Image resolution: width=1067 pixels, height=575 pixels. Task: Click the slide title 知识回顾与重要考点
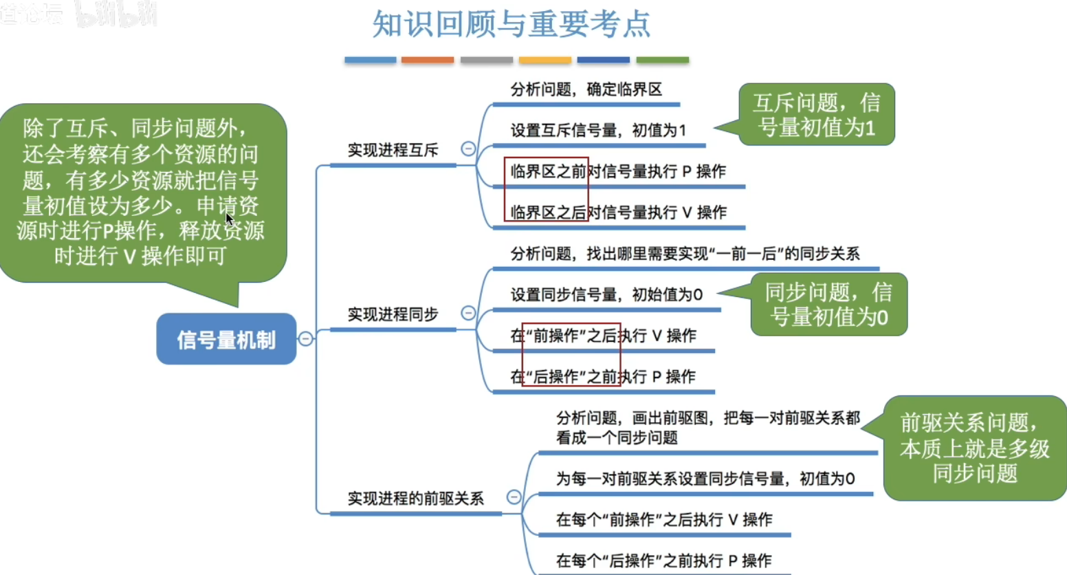(511, 24)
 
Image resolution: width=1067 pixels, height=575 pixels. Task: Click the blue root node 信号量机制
(226, 339)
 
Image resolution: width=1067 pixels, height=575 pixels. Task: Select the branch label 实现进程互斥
(393, 150)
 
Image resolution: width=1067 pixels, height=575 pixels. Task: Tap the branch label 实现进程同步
(393, 314)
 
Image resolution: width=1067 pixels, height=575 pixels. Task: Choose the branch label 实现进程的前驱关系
(415, 498)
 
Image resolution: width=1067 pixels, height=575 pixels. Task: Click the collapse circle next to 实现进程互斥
(468, 149)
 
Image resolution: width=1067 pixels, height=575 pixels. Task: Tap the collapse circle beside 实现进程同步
(468, 313)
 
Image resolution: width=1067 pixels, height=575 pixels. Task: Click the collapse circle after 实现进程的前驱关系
(514, 497)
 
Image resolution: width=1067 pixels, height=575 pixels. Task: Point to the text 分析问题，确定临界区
(586, 89)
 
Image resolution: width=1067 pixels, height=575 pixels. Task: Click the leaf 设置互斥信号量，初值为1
(598, 130)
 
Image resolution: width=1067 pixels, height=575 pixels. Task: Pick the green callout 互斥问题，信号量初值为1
(816, 115)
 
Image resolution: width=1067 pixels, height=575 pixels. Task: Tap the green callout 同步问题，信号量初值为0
(828, 305)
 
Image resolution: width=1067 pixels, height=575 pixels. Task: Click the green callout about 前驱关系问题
(974, 448)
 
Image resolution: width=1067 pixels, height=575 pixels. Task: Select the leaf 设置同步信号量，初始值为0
(606, 295)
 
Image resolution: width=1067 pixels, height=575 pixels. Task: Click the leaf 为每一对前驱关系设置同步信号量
(705, 479)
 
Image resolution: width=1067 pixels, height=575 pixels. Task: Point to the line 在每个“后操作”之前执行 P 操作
(663, 561)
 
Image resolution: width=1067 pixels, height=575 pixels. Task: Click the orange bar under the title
(428, 61)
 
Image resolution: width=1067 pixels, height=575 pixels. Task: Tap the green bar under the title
(662, 61)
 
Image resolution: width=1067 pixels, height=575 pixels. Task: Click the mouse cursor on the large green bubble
(229, 219)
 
